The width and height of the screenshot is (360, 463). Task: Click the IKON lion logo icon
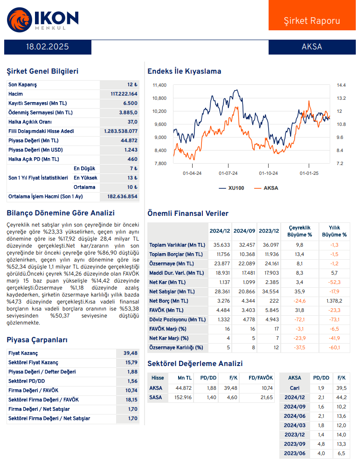[x=19, y=19]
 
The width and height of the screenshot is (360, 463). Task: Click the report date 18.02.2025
[x=48, y=47]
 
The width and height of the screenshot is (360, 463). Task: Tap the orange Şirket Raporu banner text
[x=312, y=21]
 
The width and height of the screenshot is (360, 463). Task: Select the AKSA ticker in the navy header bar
[x=312, y=47]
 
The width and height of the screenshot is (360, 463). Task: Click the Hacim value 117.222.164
[x=120, y=94]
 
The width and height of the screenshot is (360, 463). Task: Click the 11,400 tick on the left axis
[x=159, y=85]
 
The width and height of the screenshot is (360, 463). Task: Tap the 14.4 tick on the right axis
[x=341, y=85]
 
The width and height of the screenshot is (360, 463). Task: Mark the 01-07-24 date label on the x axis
[x=228, y=173]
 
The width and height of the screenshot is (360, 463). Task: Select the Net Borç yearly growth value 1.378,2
[x=334, y=301]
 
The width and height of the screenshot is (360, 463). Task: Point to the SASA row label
[x=155, y=398]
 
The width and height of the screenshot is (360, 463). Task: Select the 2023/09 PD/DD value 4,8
[x=321, y=444]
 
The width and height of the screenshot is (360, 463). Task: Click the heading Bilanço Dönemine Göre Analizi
[x=61, y=213]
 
